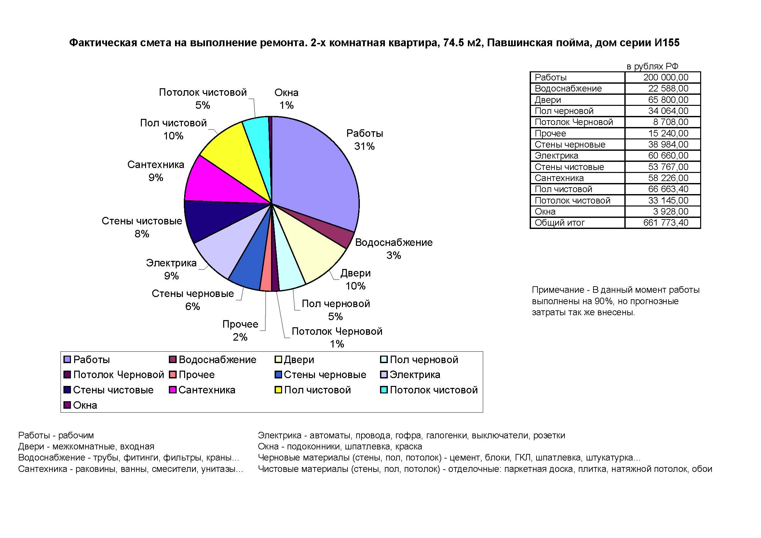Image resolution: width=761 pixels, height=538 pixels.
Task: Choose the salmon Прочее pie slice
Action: (267, 265)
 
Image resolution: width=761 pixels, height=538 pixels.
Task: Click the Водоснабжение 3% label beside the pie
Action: (394, 249)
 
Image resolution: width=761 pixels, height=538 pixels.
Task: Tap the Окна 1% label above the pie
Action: (286, 99)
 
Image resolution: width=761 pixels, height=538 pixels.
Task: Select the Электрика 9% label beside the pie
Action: (171, 269)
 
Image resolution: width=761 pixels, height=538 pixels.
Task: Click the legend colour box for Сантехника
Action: (172, 390)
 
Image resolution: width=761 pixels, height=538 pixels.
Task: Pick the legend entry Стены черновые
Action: (321, 375)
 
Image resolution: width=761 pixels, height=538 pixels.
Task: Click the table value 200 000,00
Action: (666, 77)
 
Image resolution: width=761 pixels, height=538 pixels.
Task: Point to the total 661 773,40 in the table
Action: (666, 222)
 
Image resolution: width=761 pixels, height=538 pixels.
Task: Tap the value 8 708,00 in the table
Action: (671, 122)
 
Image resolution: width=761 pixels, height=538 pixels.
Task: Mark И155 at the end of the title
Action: (667, 42)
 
